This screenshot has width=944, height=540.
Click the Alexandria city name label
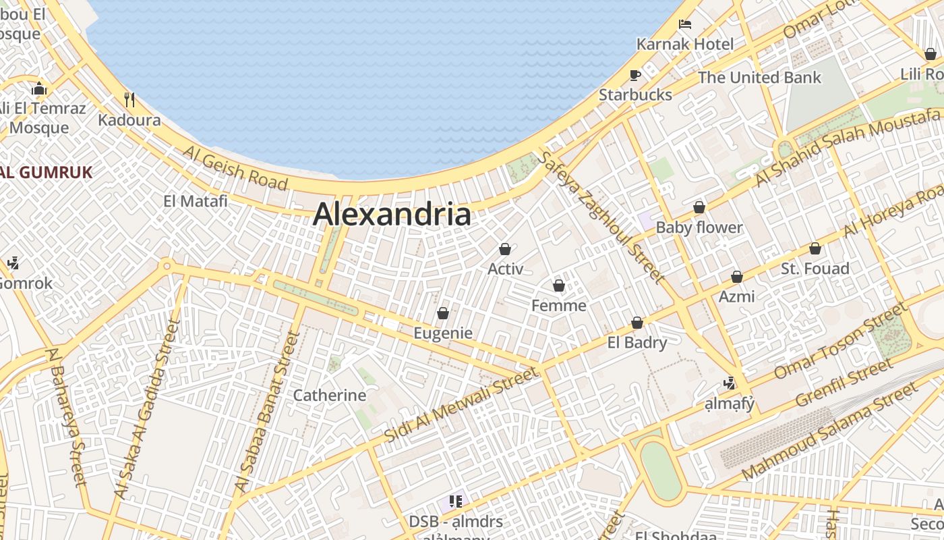pyautogui.click(x=392, y=215)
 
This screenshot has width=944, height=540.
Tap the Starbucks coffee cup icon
pyautogui.click(x=635, y=75)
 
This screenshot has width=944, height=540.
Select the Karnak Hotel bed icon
pyautogui.click(x=685, y=24)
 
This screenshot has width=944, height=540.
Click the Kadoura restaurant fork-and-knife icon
pyautogui.click(x=129, y=100)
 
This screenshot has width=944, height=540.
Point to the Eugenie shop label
pyautogui.click(x=442, y=333)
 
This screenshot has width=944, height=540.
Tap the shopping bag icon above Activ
pyautogui.click(x=505, y=249)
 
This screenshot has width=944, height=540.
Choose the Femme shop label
pyautogui.click(x=558, y=306)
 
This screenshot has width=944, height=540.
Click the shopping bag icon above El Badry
pyautogui.click(x=637, y=323)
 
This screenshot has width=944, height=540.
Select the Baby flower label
pyautogui.click(x=699, y=227)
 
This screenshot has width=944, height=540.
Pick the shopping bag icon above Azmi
pyautogui.click(x=737, y=277)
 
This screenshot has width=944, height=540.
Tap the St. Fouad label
pyautogui.click(x=815, y=269)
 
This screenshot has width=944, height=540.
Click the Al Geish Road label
pyautogui.click(x=235, y=168)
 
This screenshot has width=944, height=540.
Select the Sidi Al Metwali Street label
pyautogui.click(x=462, y=404)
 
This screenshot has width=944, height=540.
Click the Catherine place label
pyautogui.click(x=329, y=395)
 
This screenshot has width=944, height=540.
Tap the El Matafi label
pyautogui.click(x=196, y=200)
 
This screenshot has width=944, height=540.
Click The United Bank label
pyautogui.click(x=759, y=78)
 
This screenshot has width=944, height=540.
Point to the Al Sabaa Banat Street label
pyautogui.click(x=268, y=412)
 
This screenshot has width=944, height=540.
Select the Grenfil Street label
pyautogui.click(x=844, y=383)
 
